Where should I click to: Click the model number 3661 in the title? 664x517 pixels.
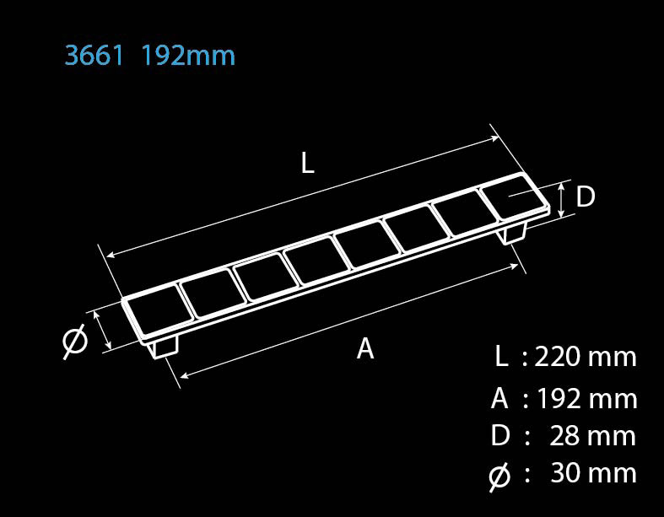coord(94,55)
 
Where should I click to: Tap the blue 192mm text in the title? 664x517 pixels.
coord(188,55)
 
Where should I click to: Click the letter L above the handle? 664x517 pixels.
coord(308,163)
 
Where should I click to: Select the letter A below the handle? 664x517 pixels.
coord(365,348)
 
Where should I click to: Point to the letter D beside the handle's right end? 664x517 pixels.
coord(586,197)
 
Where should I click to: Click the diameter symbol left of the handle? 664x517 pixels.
coord(75,341)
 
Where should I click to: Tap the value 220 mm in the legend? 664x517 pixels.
coord(586,357)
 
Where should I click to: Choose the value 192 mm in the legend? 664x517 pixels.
coord(587,399)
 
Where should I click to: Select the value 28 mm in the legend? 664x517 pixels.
coord(592,436)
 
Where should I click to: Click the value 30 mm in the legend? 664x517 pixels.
coord(593,472)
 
